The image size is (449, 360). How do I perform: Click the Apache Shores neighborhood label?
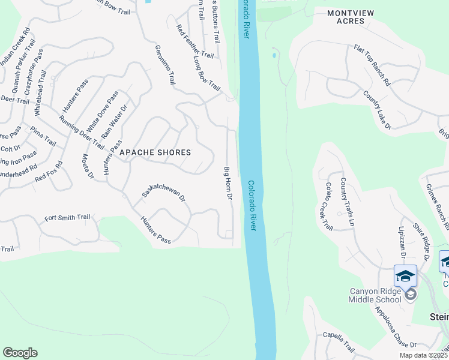[155, 152]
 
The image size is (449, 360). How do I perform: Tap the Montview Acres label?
[346, 16]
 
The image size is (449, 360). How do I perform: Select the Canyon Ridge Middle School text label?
[375, 296]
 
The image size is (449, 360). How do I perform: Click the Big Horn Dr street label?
[228, 183]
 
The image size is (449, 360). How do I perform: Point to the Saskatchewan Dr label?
[164, 191]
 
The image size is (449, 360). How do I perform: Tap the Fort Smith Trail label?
[67, 217]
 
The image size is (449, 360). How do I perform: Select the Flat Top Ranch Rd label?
[372, 65]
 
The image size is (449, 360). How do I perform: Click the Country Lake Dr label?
[377, 110]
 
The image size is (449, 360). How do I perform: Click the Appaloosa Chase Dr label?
[394, 327]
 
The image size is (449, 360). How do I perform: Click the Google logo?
[20, 353]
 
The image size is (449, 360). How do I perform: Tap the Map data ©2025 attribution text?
[423, 355]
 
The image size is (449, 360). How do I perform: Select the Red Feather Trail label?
[194, 41]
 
